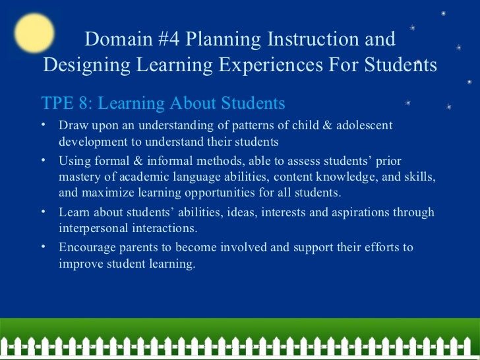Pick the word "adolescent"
pyautogui.click(x=361, y=125)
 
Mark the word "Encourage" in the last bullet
pyautogui.click(x=86, y=248)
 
